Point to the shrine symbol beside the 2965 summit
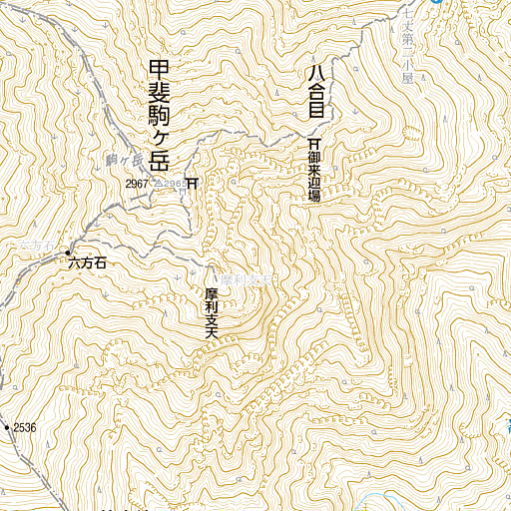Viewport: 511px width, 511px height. coord(193,183)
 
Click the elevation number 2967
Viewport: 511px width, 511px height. coord(137,184)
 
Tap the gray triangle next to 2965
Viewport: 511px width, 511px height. coord(157,184)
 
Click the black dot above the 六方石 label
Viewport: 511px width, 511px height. coord(69,252)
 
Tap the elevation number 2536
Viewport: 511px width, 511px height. coord(24,427)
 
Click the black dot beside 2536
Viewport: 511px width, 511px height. coord(7,427)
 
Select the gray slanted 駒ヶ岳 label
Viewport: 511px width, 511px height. coord(125,158)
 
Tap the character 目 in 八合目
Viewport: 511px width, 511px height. coord(315,112)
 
